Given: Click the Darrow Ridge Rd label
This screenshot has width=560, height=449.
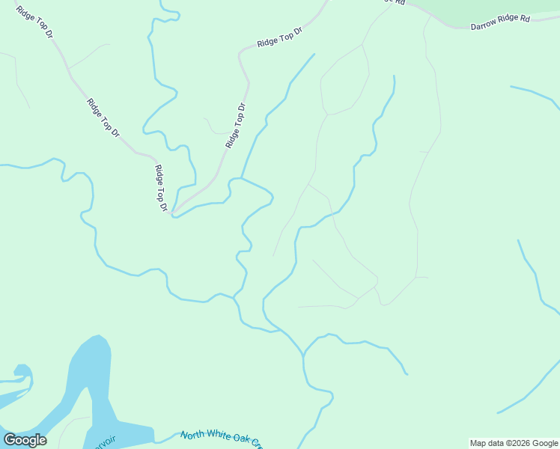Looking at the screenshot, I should pos(499,22).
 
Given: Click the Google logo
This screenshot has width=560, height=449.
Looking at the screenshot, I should pos(25,439).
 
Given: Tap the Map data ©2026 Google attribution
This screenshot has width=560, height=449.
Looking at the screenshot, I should pos(514,443).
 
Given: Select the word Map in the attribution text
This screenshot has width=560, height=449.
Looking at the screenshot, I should pos(478,443).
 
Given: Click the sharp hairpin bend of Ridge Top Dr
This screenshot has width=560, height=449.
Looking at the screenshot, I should pos(173,214).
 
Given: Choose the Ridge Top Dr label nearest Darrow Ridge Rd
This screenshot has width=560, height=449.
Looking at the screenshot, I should pos(279,38).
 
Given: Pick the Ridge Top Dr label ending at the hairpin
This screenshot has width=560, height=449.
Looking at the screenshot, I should pos(159,188).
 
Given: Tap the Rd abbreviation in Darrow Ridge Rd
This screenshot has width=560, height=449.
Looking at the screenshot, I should pos(526,18).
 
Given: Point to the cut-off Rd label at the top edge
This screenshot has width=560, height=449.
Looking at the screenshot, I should pos(397,2).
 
